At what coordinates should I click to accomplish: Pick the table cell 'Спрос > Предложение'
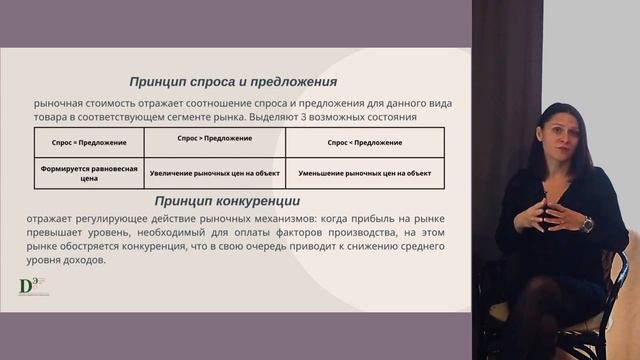[214, 138]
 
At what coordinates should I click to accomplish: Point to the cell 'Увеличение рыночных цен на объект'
[214, 172]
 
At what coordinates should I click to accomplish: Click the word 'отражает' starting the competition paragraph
[55, 218]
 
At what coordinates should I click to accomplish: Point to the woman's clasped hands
[553, 211]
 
